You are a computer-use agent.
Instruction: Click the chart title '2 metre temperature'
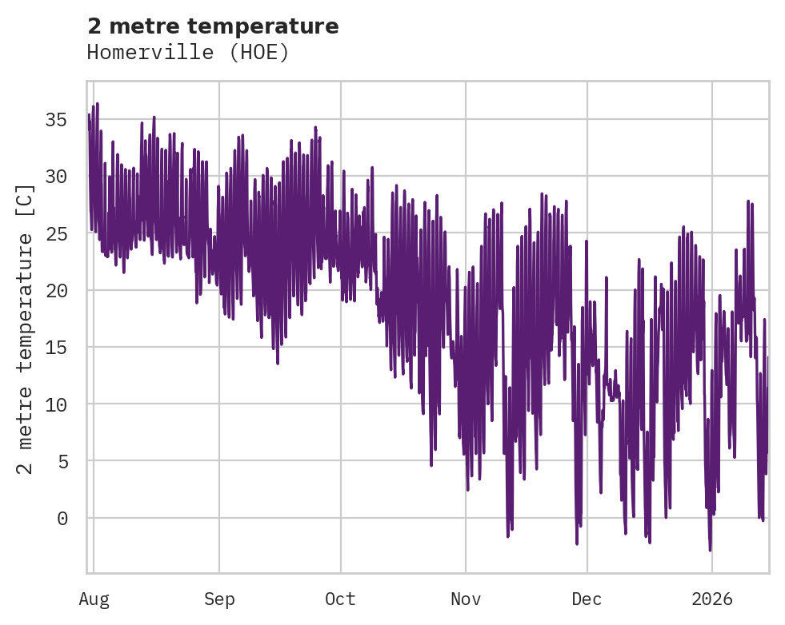[x=213, y=26]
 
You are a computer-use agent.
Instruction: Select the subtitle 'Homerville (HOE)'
[x=187, y=53]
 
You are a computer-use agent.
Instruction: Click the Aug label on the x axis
[x=94, y=599]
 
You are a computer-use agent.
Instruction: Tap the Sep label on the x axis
[x=219, y=599]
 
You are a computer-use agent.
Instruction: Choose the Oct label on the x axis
[x=341, y=599]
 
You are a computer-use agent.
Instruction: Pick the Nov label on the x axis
[x=466, y=599]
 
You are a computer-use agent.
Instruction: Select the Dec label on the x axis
[x=587, y=599]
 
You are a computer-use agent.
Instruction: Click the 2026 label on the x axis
[x=712, y=599]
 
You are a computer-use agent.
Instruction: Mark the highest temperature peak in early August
[x=97, y=104]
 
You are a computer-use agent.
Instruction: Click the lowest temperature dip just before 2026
[x=710, y=549]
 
